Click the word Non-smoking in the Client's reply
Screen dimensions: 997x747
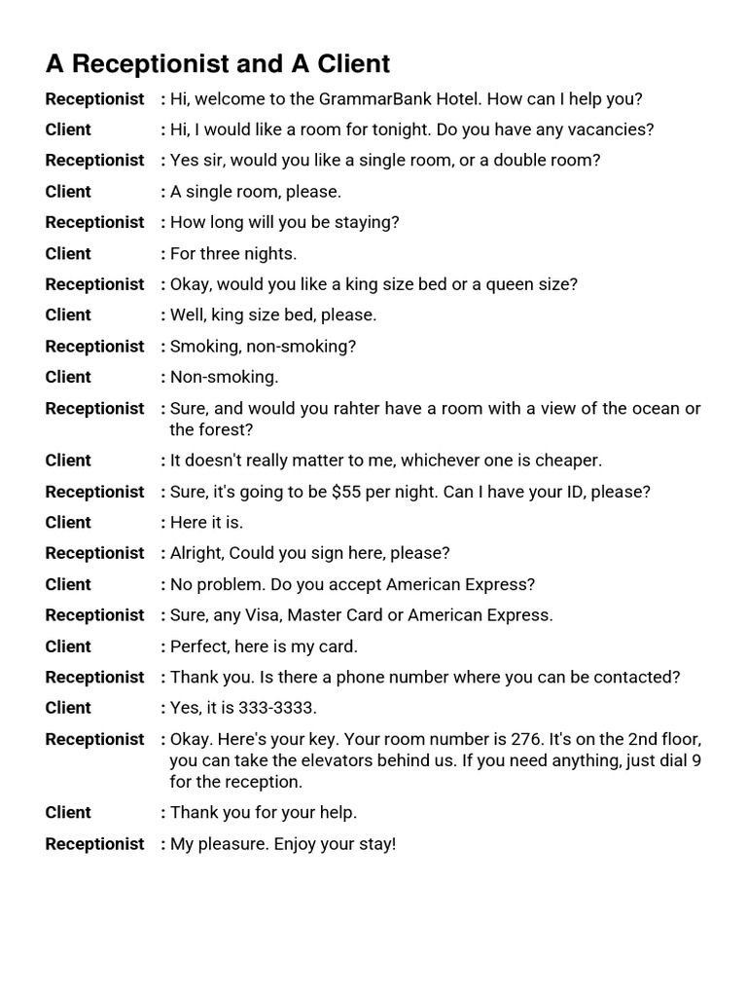224,377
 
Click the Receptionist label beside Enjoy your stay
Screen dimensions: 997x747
94,844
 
